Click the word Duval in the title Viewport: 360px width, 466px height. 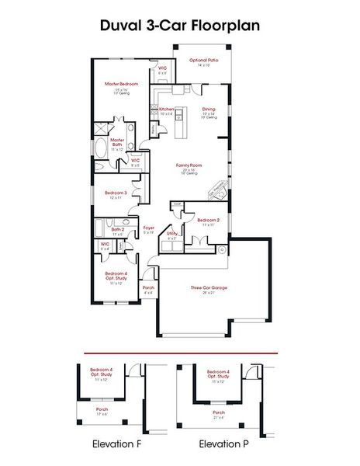(123, 26)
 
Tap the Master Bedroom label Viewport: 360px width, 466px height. (122, 83)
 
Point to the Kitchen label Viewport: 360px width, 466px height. (166, 109)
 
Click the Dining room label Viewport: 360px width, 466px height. (209, 109)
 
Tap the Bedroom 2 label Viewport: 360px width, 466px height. (208, 221)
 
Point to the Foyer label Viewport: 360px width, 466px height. (149, 228)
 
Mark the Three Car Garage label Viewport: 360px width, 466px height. (209, 287)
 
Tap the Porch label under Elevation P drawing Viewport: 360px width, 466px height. (219, 412)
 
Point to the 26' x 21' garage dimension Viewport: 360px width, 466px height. (209, 293)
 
